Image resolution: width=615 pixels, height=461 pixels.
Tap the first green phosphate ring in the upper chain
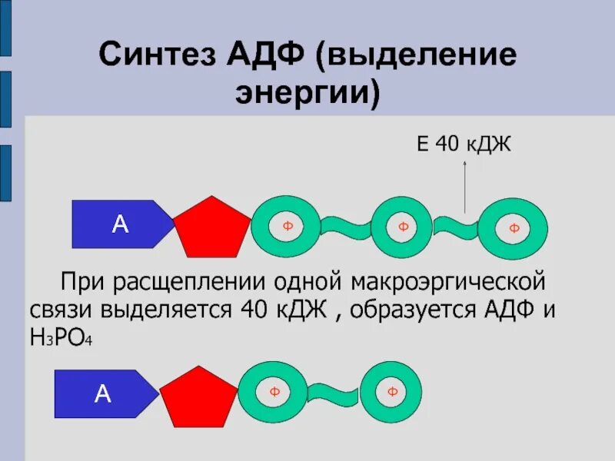288,226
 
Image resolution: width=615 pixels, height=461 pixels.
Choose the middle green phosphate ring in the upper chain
402,227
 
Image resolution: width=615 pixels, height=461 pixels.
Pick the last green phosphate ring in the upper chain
514,228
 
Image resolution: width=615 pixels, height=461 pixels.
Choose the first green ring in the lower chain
274,393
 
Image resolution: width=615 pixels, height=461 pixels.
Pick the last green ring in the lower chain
392,393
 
